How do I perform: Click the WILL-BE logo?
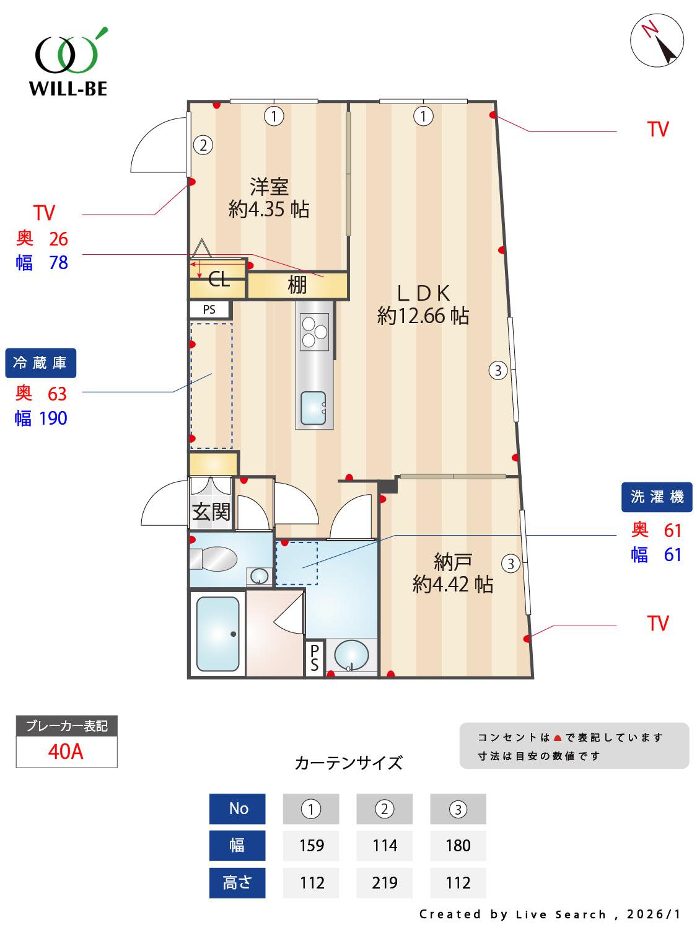click(x=68, y=62)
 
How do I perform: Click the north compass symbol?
click(x=657, y=41)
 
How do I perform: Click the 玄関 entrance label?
click(x=211, y=512)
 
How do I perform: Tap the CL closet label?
click(x=219, y=280)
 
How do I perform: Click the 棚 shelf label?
click(x=297, y=285)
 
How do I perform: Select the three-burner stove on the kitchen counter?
click(x=314, y=330)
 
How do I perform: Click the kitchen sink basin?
click(x=313, y=407)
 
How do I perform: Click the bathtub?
click(x=217, y=634)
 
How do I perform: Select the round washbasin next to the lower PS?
click(x=351, y=655)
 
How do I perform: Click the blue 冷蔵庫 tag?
click(x=41, y=363)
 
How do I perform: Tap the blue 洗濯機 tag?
click(x=657, y=497)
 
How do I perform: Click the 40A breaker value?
click(x=66, y=751)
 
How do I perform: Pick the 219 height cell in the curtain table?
click(x=384, y=882)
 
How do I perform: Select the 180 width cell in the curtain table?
click(x=458, y=846)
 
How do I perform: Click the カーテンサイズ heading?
click(x=349, y=763)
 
